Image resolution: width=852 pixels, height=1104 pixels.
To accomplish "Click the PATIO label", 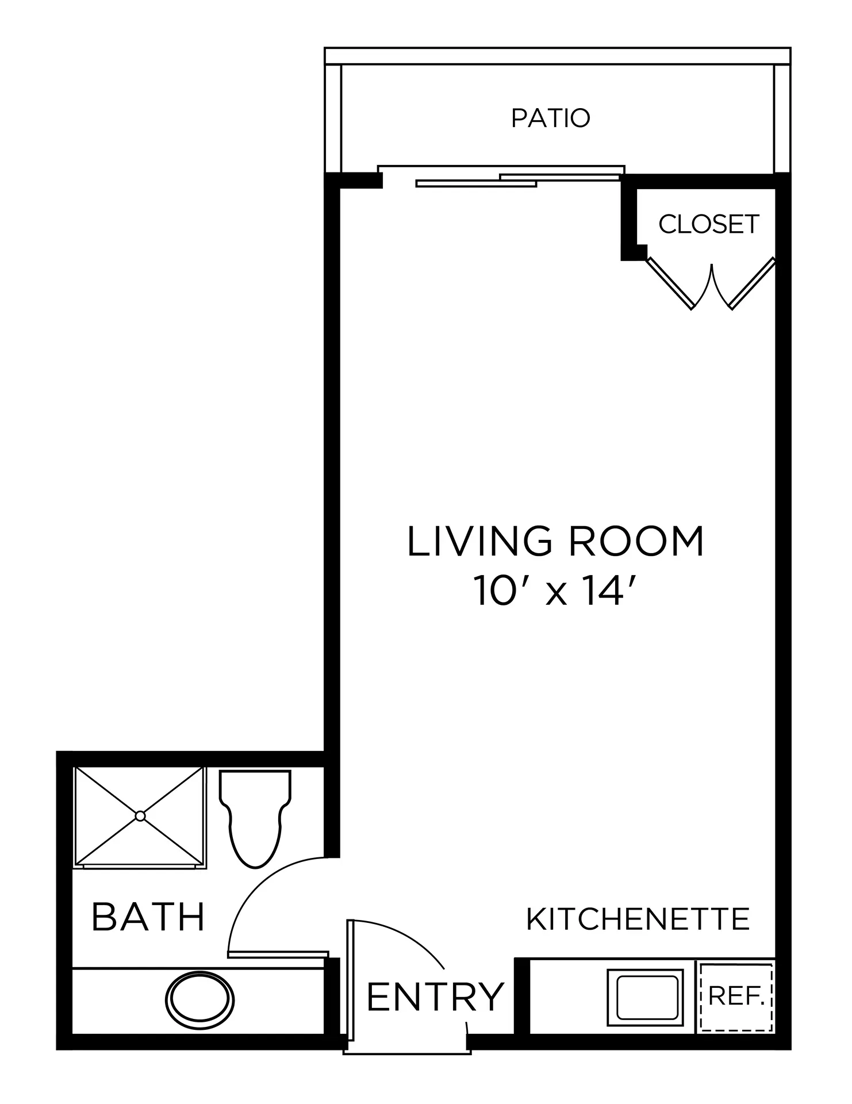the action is point(551,118).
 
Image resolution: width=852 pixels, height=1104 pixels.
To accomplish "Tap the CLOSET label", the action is point(709,224).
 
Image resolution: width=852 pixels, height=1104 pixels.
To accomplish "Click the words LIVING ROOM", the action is point(555,541).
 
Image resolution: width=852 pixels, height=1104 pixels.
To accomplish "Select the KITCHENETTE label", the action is point(638,919).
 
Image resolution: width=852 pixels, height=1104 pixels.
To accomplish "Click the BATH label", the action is point(148,917).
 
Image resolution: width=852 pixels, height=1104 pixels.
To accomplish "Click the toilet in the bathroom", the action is point(255,818).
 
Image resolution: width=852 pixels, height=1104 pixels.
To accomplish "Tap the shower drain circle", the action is point(140,816).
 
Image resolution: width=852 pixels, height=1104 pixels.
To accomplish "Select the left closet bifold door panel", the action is point(670,283).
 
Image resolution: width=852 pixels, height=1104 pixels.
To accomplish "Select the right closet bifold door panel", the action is point(752,283).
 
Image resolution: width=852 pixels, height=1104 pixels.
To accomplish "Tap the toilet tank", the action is point(255,786).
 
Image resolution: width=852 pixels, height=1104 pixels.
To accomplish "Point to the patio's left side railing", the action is point(333,118).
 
